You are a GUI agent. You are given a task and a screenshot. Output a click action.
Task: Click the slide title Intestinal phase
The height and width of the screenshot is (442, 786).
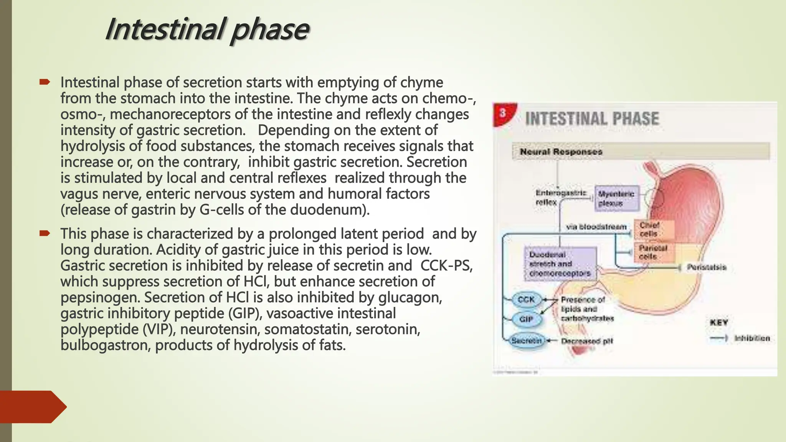click(207, 30)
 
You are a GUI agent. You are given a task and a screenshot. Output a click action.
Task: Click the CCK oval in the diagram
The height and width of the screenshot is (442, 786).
click(526, 300)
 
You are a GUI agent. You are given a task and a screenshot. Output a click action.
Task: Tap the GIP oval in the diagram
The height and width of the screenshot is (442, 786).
click(526, 319)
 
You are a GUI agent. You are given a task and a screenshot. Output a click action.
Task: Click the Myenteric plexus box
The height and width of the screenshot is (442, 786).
click(616, 198)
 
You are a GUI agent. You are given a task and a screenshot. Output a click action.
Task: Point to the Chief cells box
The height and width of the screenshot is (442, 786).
click(653, 229)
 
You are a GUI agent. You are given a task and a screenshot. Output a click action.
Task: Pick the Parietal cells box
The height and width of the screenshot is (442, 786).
click(653, 252)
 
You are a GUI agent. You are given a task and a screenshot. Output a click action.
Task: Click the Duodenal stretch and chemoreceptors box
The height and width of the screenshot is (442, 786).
click(560, 264)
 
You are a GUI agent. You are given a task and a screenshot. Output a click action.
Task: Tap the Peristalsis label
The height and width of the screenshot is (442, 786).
click(707, 267)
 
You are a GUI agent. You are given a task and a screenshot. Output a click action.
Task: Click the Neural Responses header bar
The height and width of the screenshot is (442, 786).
click(640, 152)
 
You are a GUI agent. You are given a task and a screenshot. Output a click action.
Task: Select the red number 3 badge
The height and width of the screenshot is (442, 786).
click(503, 113)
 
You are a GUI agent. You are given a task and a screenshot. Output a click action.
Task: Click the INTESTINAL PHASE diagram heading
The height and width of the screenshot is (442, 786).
click(592, 119)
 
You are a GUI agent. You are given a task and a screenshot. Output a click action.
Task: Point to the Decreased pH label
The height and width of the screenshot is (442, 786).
click(587, 341)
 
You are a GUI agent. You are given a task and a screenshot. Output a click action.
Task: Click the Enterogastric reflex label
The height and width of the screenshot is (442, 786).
click(560, 198)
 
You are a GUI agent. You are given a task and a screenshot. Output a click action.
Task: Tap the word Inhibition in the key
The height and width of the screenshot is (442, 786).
click(752, 338)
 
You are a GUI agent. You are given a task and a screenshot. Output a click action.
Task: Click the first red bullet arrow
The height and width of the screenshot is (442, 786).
click(45, 82)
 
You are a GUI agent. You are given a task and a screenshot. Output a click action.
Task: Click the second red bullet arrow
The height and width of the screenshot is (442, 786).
click(45, 233)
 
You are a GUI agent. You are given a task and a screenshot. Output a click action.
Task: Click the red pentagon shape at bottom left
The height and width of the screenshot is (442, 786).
click(33, 407)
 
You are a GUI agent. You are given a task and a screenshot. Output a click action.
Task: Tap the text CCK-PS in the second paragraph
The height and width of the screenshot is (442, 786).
click(445, 266)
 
